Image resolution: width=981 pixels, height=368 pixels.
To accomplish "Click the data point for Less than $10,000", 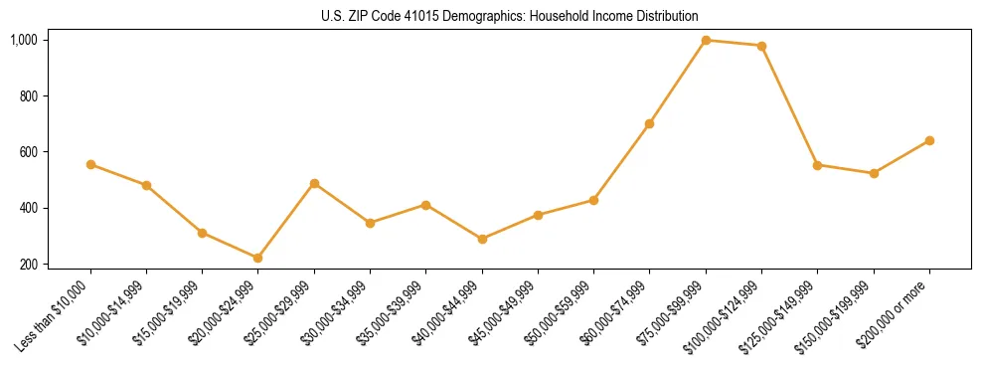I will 90,164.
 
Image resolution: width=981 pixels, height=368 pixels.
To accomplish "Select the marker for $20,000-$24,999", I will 258,258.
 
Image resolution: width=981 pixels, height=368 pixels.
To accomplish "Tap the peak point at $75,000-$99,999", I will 706,40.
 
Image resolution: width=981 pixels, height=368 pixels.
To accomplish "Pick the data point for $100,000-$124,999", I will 761,46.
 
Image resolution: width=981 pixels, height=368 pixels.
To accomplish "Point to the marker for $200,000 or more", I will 929,140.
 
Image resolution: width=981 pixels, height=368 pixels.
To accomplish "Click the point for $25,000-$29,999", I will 314,183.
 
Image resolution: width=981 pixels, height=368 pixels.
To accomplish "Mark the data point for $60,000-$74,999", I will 650,123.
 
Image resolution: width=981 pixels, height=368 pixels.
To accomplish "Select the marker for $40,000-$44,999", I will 482,239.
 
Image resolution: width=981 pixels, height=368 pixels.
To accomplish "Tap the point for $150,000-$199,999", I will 874,173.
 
